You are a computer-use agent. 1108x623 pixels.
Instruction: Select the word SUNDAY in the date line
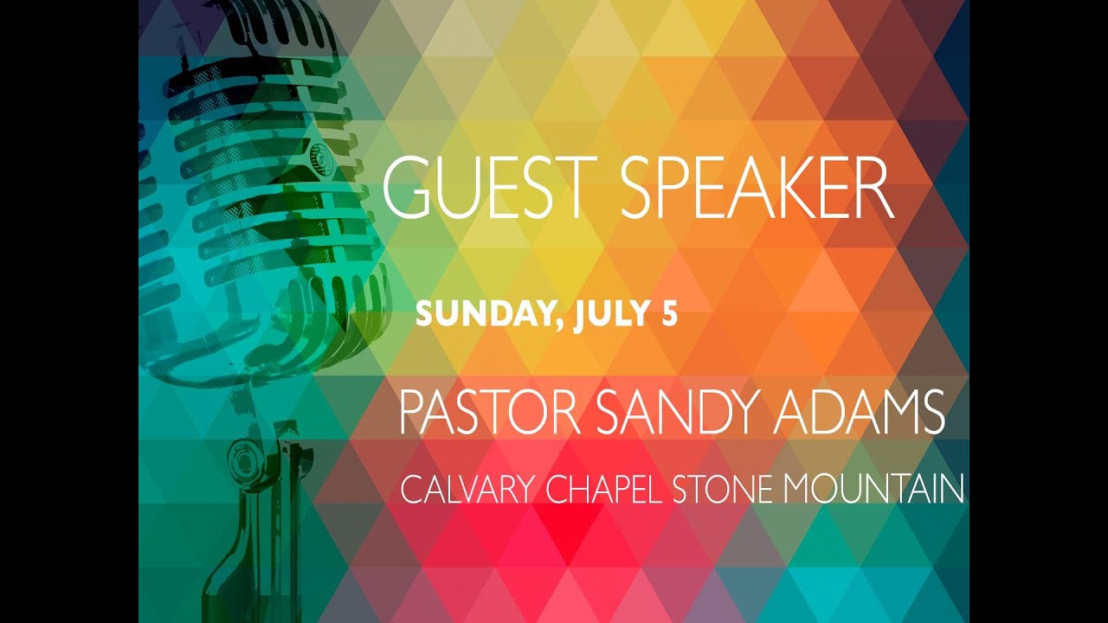[x=480, y=315]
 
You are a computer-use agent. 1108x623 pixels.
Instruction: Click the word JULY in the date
[x=608, y=315]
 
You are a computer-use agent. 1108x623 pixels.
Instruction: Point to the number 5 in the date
[x=668, y=315]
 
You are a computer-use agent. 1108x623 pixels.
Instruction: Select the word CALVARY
[x=468, y=490]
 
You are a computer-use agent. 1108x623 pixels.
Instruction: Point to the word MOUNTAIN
[x=873, y=490]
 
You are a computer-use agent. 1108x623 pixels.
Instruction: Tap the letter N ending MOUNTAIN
[x=951, y=490]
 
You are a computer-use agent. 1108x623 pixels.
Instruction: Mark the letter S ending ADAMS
[x=931, y=414]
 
